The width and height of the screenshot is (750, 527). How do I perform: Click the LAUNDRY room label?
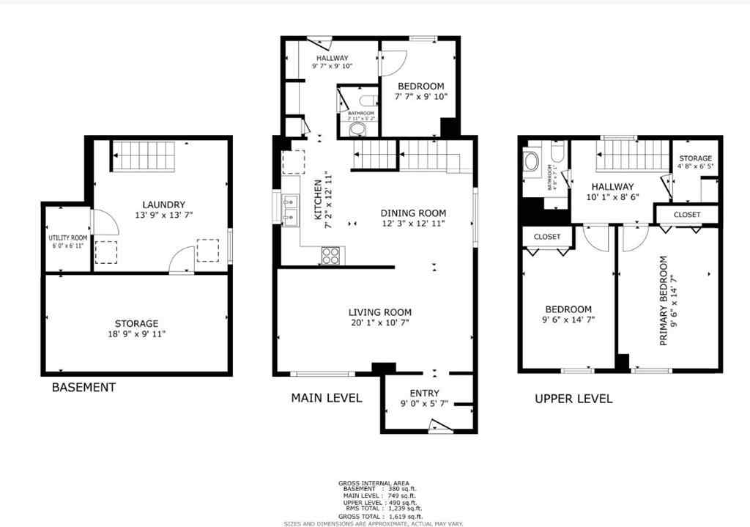(x=164, y=204)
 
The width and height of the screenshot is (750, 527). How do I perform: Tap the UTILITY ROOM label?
(x=67, y=238)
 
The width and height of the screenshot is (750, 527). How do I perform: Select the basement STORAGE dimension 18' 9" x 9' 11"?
(x=136, y=334)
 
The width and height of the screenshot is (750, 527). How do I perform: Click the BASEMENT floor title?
(x=83, y=387)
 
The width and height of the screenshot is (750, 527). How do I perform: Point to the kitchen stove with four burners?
(x=331, y=255)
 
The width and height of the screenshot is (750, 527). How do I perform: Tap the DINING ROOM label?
(x=413, y=213)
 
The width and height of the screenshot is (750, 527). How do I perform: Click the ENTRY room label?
(x=425, y=393)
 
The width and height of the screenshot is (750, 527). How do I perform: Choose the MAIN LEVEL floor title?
(x=327, y=398)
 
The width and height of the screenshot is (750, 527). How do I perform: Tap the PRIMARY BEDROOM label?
(x=664, y=300)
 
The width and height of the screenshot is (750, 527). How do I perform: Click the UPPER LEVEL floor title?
(x=573, y=399)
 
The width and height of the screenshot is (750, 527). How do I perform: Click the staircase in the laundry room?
(x=144, y=156)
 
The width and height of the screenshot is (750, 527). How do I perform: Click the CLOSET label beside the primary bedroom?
(x=686, y=215)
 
